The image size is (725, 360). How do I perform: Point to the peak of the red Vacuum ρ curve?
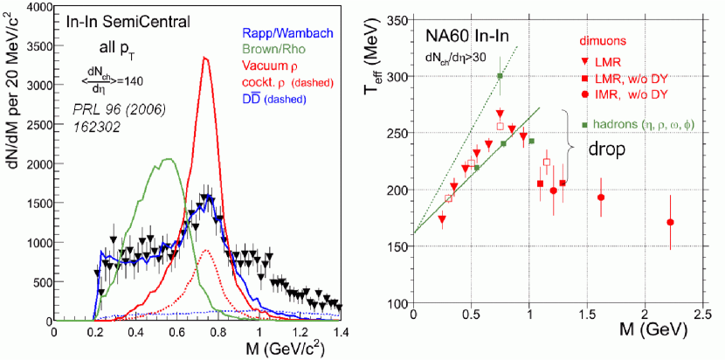click(204, 59)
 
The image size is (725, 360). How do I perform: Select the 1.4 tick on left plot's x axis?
click(341, 332)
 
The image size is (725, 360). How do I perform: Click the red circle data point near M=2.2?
click(670, 222)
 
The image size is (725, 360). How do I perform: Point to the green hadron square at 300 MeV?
click(501, 76)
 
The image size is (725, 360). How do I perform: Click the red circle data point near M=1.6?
click(601, 197)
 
